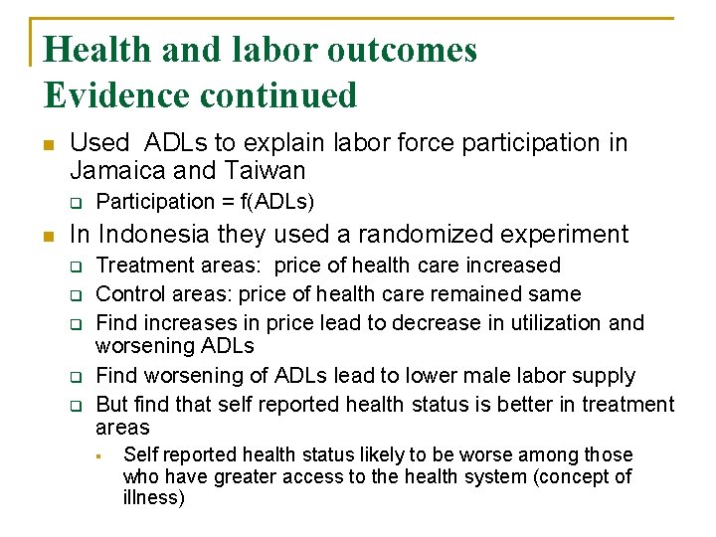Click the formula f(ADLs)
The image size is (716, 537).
click(278, 202)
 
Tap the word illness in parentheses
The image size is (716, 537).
click(151, 498)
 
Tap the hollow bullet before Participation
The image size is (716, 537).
click(73, 203)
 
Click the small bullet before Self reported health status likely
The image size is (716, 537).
click(99, 456)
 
